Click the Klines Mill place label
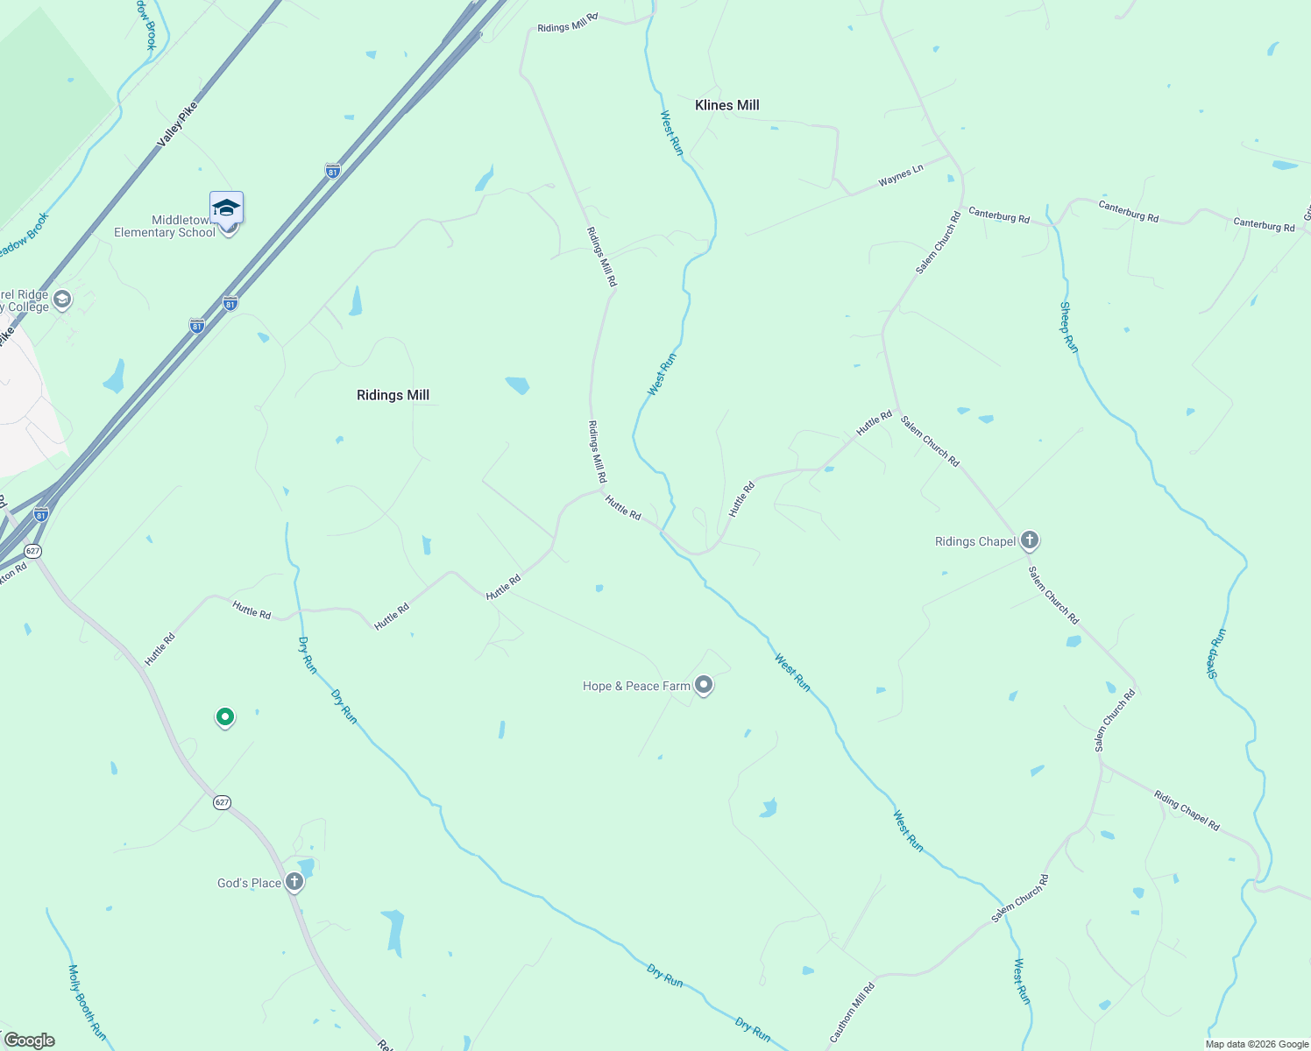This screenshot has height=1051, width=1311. coord(726,105)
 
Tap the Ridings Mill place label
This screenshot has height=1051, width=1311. coord(393,395)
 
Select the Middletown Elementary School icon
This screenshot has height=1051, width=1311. coord(226,209)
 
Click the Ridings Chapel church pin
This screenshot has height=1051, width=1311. coord(1030,540)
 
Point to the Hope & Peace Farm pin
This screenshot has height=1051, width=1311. coord(704,685)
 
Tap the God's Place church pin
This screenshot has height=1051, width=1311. coord(295,882)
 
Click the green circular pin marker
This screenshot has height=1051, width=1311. coord(225,717)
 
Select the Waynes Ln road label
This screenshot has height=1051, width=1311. coord(901,176)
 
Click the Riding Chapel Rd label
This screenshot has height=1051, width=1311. coord(1187,810)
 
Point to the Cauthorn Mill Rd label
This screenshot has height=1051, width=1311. coord(852,1012)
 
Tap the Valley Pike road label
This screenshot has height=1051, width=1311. coord(178,124)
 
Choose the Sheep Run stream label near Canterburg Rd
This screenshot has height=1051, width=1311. coord(1069,328)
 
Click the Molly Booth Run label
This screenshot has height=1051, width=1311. coord(87,1003)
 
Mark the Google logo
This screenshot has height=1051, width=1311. coord(29,1040)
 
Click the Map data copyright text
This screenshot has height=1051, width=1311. coord(1257,1044)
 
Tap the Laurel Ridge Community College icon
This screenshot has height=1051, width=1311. coord(62,300)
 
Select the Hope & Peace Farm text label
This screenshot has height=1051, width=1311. coord(636,686)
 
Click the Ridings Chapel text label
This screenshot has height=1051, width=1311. coord(975,541)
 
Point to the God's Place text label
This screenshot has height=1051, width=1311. coord(249,883)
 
